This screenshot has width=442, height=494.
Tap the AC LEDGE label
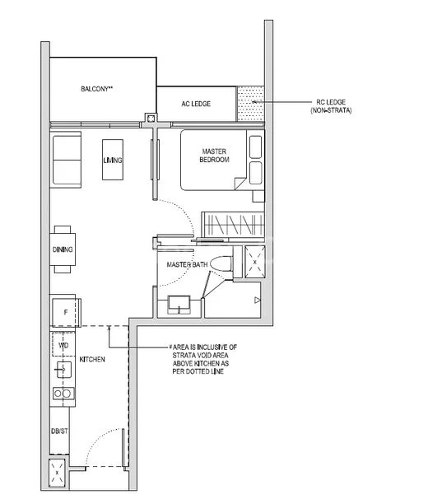click(x=196, y=104)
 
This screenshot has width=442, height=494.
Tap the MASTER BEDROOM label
click(x=213, y=156)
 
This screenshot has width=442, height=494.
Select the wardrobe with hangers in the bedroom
click(x=233, y=223)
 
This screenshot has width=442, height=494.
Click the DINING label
click(x=63, y=249)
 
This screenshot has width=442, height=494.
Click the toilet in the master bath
click(x=220, y=266)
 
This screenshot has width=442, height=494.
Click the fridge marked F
click(x=64, y=311)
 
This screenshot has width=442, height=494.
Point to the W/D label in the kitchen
click(x=63, y=346)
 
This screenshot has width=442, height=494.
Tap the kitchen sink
click(x=63, y=370)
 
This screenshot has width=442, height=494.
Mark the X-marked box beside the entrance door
click(x=59, y=475)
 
